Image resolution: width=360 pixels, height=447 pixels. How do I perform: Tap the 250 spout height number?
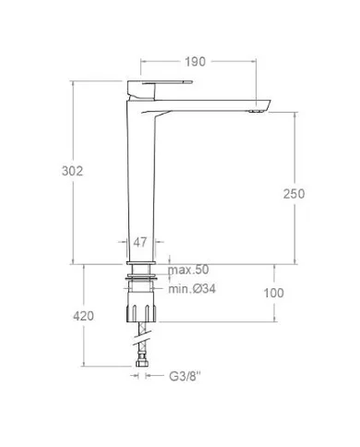pyautogui.click(x=293, y=193)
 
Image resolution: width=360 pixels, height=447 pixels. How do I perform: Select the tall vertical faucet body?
pyautogui.click(x=140, y=185)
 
